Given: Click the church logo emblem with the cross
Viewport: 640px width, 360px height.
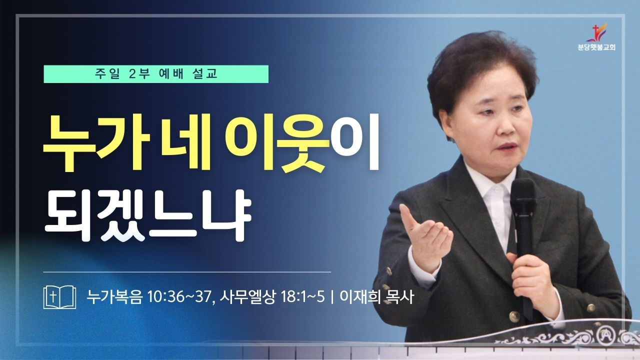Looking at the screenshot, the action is click(x=596, y=32).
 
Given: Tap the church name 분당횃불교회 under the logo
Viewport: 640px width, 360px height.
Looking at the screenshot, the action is click(x=596, y=47).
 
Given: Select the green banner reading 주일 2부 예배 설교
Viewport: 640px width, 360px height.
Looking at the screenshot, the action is click(x=156, y=74).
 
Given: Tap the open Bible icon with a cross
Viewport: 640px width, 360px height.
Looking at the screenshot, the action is click(x=59, y=297).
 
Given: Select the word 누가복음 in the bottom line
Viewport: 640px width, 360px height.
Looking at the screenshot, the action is click(x=114, y=297).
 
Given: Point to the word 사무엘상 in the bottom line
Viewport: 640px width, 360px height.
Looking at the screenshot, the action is click(x=247, y=297).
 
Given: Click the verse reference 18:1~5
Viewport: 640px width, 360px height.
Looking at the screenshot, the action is click(x=303, y=297).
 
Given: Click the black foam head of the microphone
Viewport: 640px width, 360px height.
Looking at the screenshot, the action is click(x=522, y=197).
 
